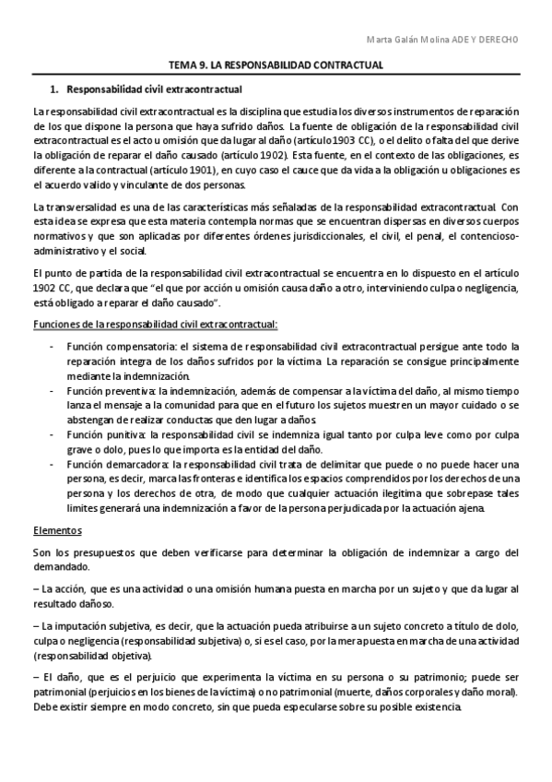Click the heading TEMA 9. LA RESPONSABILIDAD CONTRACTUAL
tap(276, 66)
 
